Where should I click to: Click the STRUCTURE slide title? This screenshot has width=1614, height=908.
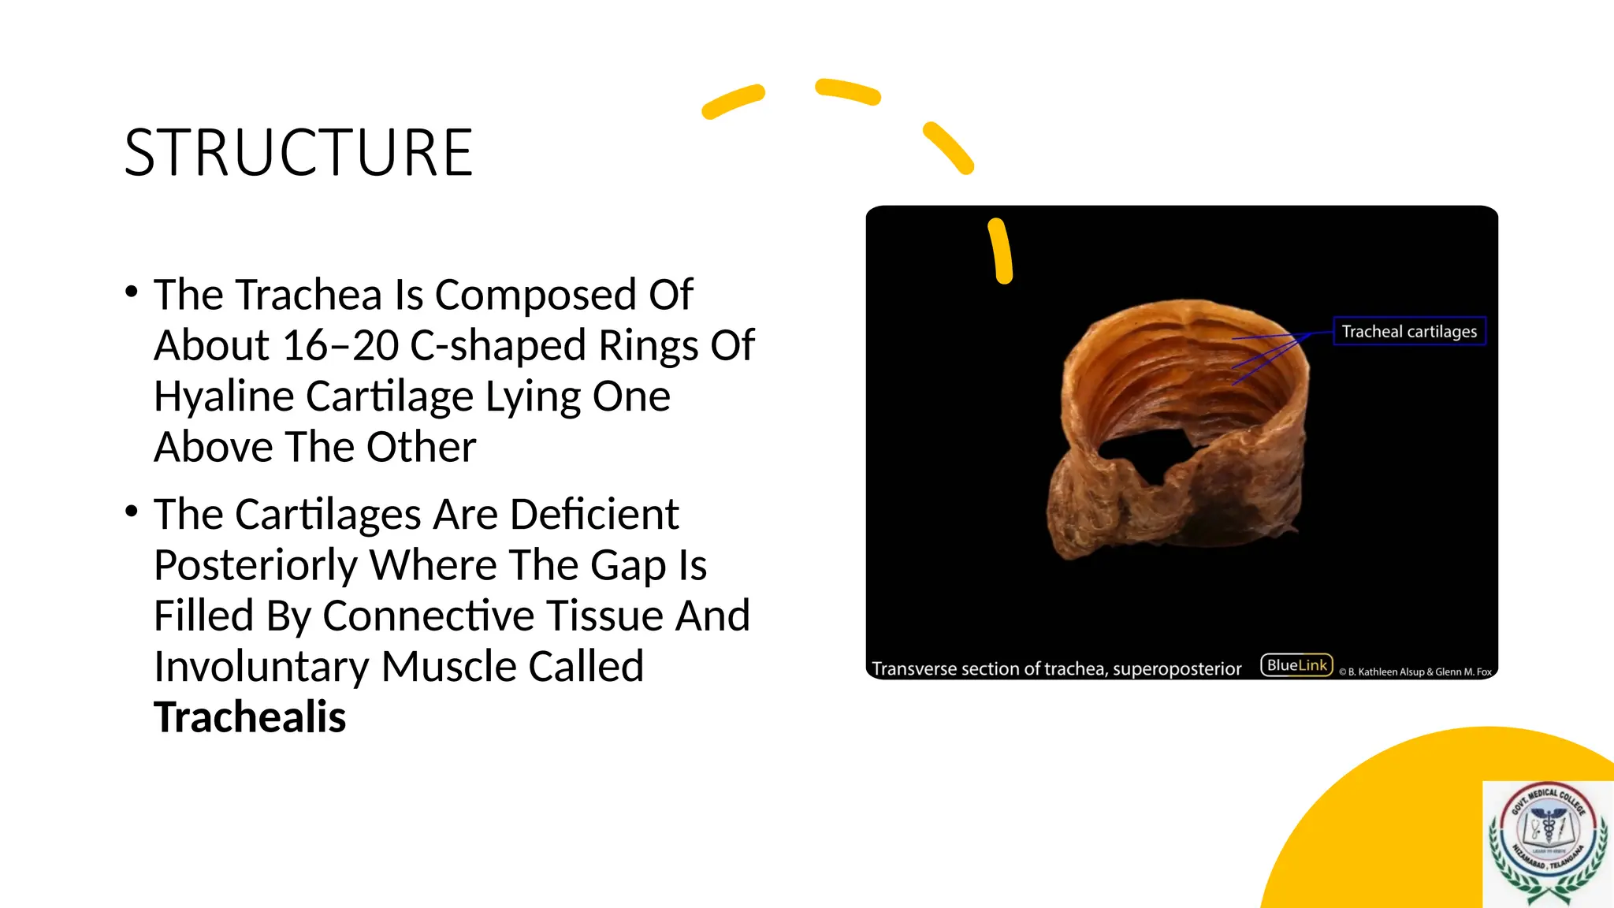(298, 153)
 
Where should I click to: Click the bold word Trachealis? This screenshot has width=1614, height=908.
(250, 717)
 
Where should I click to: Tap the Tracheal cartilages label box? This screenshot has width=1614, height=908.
(1409, 332)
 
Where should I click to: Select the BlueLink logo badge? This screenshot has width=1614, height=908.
(1296, 665)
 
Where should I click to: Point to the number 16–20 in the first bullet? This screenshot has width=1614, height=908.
(340, 346)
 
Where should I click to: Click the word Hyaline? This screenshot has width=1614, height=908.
(223, 396)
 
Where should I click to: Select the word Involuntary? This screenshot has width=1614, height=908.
(261, 667)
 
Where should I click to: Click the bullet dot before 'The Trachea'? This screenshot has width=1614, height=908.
(132, 292)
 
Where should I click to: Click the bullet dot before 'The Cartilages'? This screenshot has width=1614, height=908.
(132, 512)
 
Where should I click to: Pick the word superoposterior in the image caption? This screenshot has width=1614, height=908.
(1177, 669)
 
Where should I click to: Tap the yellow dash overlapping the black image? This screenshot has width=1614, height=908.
(1001, 251)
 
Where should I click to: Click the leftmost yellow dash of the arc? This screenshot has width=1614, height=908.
(733, 102)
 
